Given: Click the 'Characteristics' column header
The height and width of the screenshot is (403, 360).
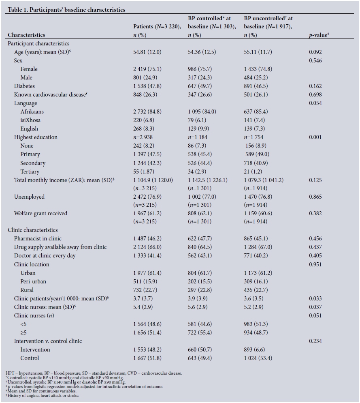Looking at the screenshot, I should pos(26,35).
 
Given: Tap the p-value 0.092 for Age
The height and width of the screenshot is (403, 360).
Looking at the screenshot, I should pos(315,52).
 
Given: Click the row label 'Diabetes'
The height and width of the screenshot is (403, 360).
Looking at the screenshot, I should pos(24,86).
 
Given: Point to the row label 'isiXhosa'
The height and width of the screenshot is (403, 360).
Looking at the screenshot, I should pos(30,120).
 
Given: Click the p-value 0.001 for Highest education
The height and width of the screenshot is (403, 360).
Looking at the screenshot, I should pos(315,137).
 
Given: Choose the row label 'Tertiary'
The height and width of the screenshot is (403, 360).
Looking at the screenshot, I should pos(30,171).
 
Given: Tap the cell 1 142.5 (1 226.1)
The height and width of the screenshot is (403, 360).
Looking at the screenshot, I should pos(208,180).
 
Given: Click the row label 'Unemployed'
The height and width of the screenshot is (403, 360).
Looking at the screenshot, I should pos(29,197).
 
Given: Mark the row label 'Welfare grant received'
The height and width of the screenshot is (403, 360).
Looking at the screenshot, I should pos(40,213).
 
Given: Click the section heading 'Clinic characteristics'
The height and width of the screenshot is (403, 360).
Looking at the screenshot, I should pos(33,230).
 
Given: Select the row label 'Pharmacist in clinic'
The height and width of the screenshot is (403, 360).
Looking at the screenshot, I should pos(38,239).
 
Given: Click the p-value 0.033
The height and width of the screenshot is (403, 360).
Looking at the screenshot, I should pos(315,298).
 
